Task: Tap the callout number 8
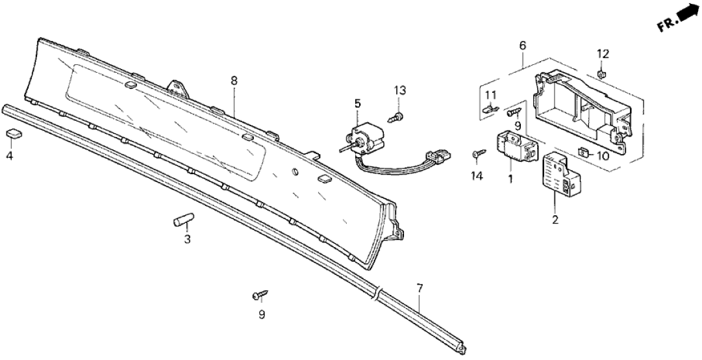click(234, 81)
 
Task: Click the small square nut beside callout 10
click(583, 153)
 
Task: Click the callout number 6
click(523, 45)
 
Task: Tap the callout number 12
click(603, 53)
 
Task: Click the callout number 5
click(357, 103)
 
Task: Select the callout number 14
click(477, 175)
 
